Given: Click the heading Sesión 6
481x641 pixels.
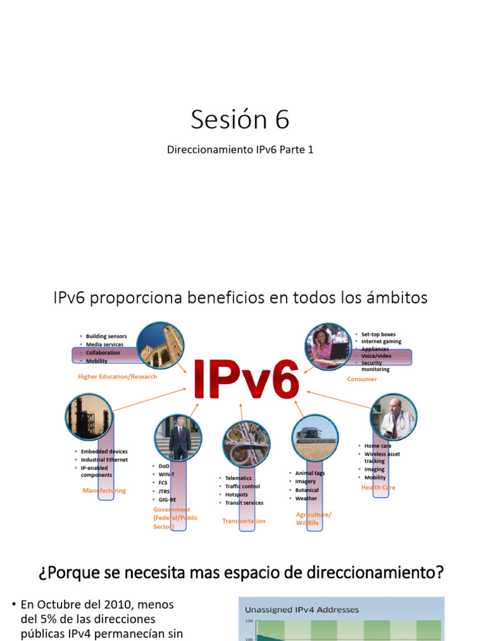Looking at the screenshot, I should [240, 120].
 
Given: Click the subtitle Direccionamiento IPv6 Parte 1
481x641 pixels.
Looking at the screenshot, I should [240, 150].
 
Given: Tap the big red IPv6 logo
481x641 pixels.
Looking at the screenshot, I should [246, 379].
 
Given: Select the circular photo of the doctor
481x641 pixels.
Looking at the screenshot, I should [393, 417].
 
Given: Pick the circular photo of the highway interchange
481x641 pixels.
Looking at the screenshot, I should [247, 444].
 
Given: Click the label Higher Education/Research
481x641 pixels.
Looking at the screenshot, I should [117, 377].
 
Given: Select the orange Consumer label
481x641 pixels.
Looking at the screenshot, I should [362, 379].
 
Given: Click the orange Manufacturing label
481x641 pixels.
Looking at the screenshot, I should [104, 491].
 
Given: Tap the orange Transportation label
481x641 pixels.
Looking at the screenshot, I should [244, 521].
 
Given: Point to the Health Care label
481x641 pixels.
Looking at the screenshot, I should [378, 487].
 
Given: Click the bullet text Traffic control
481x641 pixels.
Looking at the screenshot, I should [242, 486].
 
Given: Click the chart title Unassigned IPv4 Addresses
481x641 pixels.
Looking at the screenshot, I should [302, 609].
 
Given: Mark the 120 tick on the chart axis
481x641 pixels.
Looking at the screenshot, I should [249, 621].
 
